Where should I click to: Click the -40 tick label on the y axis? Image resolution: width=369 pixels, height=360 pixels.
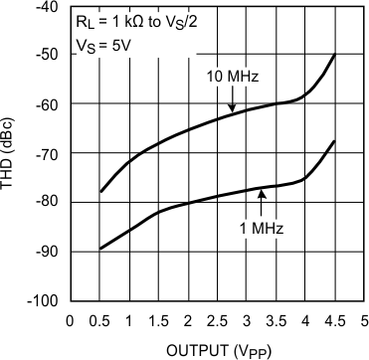48,8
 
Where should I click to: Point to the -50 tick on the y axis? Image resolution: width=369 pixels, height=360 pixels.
48,57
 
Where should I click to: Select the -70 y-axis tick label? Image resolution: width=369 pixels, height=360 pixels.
48,154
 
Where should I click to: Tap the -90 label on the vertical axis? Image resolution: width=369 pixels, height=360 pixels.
48,252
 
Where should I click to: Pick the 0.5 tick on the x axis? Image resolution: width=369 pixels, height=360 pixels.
99,320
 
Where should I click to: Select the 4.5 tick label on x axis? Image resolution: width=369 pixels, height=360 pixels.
334,320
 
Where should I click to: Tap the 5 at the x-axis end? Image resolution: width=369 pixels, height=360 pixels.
364,320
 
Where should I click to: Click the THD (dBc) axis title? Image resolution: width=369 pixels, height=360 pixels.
12,154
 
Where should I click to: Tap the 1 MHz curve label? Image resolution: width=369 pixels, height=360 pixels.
261,228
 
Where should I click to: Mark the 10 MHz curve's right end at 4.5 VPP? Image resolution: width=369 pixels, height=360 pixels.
334,56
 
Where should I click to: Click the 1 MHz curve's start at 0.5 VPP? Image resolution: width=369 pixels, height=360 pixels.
99,249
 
